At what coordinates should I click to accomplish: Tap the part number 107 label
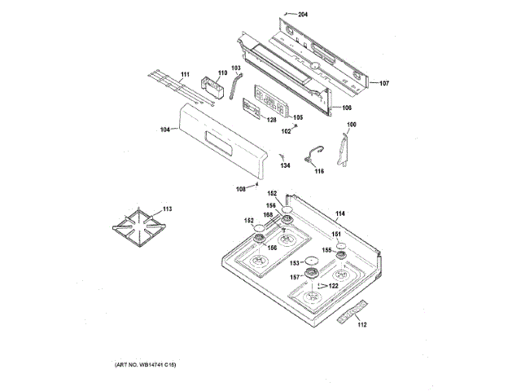384,83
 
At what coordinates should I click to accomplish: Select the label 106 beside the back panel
346,108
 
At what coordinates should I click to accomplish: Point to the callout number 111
185,75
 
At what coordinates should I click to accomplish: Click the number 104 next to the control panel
165,130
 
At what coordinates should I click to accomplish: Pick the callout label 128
272,120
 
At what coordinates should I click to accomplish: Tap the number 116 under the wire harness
318,171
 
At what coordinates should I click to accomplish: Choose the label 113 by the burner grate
166,209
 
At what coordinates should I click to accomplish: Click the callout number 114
340,213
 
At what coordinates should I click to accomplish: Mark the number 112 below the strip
362,325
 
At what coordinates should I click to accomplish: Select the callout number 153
297,262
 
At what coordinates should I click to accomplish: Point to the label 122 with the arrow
333,286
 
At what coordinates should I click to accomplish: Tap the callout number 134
285,165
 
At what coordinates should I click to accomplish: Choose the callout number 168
268,215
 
